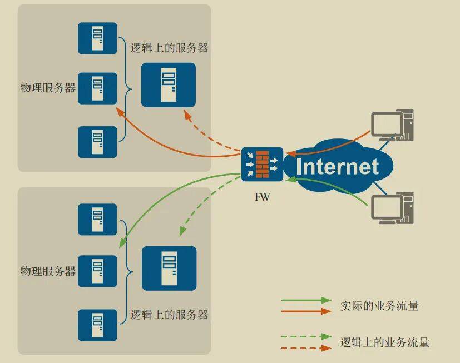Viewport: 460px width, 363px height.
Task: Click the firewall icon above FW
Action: pyautogui.click(x=263, y=164)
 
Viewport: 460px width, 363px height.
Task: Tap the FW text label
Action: pyautogui.click(x=263, y=197)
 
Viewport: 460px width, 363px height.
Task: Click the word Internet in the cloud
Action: pyautogui.click(x=337, y=167)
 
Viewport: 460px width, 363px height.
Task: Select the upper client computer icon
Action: pyautogui.click(x=392, y=125)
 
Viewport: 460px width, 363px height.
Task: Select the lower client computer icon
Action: pyautogui.click(x=392, y=208)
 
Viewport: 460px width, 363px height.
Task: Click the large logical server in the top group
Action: pyautogui.click(x=169, y=84)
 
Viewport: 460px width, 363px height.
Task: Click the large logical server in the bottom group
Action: pyautogui.click(x=169, y=268)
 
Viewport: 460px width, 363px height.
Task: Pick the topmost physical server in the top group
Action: pyautogui.click(x=97, y=38)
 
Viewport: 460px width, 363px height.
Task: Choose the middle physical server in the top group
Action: pyautogui.click(x=97, y=88)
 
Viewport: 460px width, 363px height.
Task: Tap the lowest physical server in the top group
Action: pyautogui.click(x=97, y=142)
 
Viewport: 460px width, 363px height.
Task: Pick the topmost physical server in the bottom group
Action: pyautogui.click(x=97, y=220)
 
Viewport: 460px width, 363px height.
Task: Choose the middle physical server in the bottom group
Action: pyautogui.click(x=97, y=271)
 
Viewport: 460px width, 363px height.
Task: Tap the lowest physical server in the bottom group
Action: pyautogui.click(x=97, y=325)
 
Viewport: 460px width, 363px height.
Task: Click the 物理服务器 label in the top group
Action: pyautogui.click(x=48, y=88)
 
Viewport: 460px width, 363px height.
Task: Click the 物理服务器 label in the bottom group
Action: pyautogui.click(x=48, y=271)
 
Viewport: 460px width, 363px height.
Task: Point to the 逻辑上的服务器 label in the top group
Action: pyautogui.click(x=169, y=48)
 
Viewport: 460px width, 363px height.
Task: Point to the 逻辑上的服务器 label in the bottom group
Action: pyautogui.click(x=169, y=315)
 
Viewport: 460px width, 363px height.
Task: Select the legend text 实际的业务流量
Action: pyautogui.click(x=379, y=306)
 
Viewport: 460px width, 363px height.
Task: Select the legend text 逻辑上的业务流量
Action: pyautogui.click(x=384, y=342)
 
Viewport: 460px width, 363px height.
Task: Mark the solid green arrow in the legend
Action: pyautogui.click(x=306, y=300)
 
